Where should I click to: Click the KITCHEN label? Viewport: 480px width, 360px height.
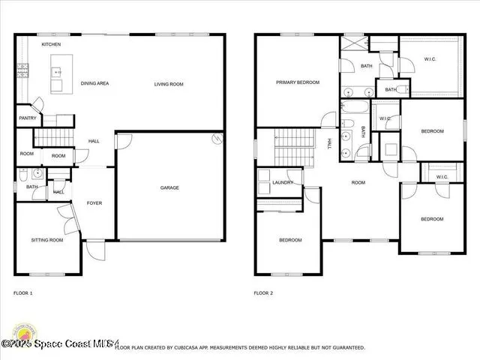(x=51, y=45)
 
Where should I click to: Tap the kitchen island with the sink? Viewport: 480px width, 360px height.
(x=56, y=79)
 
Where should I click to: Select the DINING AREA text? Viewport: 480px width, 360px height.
(x=95, y=83)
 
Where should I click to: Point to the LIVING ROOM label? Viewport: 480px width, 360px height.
(x=169, y=84)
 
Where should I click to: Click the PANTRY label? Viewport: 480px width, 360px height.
(x=27, y=118)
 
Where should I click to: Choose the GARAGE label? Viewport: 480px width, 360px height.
(x=169, y=187)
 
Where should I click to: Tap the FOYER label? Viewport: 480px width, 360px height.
(x=94, y=203)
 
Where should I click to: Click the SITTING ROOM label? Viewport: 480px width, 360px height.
(x=46, y=240)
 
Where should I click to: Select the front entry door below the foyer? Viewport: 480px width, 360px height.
(x=95, y=247)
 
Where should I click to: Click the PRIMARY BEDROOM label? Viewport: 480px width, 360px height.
(x=297, y=82)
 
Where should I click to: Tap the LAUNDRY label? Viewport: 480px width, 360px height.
(x=283, y=182)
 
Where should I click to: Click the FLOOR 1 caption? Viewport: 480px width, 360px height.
(x=23, y=293)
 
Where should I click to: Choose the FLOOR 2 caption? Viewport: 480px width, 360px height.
(x=263, y=293)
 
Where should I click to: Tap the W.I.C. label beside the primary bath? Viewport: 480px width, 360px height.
(x=430, y=60)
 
